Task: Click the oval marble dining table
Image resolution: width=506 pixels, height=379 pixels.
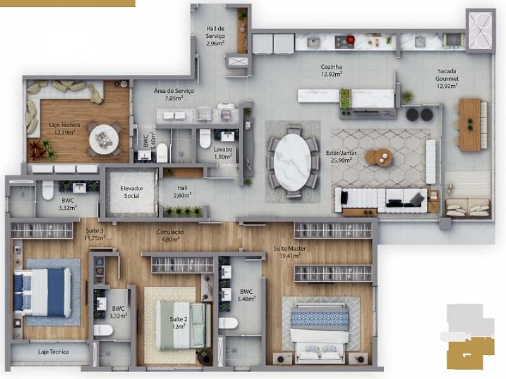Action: (x=293, y=162)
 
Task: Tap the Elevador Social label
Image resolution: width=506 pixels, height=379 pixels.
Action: (x=132, y=192)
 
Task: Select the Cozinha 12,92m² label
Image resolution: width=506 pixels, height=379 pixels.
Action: (x=331, y=71)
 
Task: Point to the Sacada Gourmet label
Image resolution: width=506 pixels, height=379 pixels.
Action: (x=447, y=75)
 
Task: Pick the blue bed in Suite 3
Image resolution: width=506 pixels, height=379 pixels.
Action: (x=42, y=292)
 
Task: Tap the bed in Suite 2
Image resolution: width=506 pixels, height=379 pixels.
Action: (x=183, y=325)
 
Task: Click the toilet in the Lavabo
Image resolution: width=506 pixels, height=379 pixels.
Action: (x=205, y=138)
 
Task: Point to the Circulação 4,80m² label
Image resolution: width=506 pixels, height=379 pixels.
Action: (x=170, y=236)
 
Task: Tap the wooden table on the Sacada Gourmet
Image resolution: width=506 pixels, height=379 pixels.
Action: (x=471, y=124)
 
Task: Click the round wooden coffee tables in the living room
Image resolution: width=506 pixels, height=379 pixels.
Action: (x=379, y=157)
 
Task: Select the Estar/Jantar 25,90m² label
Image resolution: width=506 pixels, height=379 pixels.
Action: (x=341, y=156)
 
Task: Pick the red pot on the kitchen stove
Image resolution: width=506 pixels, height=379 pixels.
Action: (x=350, y=40)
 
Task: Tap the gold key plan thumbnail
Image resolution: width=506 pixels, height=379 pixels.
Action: (x=471, y=353)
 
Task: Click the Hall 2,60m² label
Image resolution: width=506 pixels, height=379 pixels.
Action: (x=182, y=191)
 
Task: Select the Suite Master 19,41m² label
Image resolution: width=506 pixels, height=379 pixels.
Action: (x=290, y=252)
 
